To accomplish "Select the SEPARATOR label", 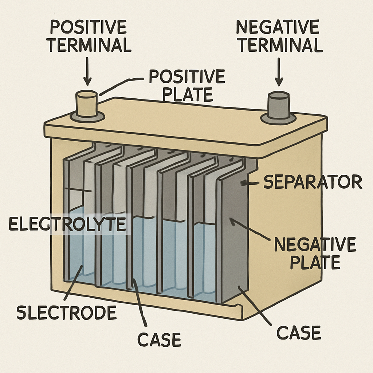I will [x=313, y=182].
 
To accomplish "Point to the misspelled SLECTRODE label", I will [x=67, y=313].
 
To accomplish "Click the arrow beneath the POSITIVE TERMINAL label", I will [x=87, y=71].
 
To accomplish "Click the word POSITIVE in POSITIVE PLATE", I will [x=187, y=77].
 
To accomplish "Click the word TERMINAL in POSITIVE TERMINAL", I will [x=90, y=46].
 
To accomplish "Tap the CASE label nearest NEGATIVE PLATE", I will [x=299, y=332].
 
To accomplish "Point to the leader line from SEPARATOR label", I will [x=251, y=183].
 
